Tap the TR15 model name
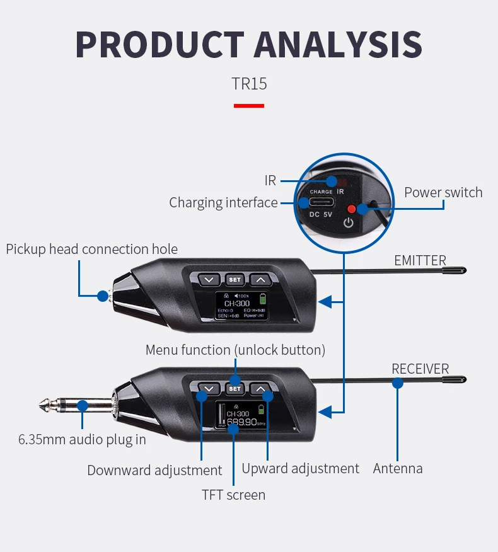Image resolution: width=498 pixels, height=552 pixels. click(249, 84)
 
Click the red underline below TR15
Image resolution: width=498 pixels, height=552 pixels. click(249, 105)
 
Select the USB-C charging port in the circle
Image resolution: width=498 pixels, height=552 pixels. click(321, 203)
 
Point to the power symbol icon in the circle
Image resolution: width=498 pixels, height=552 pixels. click(349, 222)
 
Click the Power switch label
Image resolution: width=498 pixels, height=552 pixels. click(443, 193)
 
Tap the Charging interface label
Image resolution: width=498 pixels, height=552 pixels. click(223, 203)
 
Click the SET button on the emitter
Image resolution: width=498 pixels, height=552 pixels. click(235, 279)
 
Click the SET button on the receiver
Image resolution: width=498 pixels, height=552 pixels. click(235, 389)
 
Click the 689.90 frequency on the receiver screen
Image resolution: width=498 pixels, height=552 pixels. click(242, 422)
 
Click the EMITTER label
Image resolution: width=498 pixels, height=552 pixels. click(420, 260)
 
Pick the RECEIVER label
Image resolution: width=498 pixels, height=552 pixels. click(420, 369)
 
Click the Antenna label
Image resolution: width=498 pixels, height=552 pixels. click(398, 469)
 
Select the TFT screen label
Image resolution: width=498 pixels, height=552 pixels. click(233, 495)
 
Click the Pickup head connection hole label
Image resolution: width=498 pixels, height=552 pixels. click(91, 250)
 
